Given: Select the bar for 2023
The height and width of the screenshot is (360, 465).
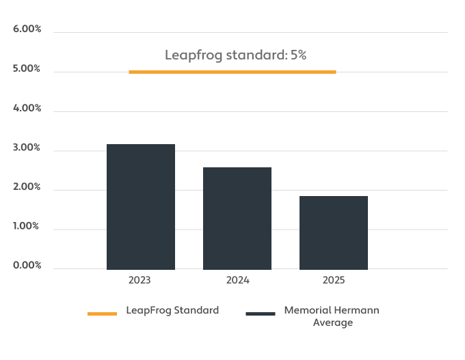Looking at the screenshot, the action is coord(141,207).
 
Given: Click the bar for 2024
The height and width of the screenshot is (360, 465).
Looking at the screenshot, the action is coord(237,219).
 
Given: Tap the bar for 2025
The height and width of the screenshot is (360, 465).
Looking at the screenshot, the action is coord(334,233).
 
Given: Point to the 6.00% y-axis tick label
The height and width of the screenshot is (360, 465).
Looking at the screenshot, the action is coord(27,29).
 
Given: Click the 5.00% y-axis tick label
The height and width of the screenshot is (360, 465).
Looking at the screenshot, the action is coord(27,68).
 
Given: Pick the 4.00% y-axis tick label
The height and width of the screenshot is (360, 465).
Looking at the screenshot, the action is coord(27,108).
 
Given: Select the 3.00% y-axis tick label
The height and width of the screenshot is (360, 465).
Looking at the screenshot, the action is coord(27,148).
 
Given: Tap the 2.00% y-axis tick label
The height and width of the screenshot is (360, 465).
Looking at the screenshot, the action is coord(27,186).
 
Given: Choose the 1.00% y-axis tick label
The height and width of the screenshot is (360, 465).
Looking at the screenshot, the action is coord(26,226).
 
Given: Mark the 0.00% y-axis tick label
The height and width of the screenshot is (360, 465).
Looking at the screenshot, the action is coord(27,265).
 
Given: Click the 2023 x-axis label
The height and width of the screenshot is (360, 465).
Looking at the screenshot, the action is coord(139,280).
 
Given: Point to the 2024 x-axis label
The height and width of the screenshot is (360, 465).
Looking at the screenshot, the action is coord(237,280).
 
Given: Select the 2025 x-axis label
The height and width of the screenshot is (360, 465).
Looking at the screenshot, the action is coord(334,280).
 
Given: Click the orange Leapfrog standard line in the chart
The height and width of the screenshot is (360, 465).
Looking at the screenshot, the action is coord(232,72).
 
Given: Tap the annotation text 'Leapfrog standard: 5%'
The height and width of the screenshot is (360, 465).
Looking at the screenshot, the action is coord(235,55).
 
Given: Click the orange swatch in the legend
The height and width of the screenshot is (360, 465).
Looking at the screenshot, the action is coord(103,314).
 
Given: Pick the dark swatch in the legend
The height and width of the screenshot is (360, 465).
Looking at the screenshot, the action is coord(261,314).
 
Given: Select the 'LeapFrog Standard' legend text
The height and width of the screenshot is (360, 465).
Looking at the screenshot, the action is coord(172,311).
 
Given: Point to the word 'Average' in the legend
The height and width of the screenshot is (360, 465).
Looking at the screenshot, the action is coord(333,322).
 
